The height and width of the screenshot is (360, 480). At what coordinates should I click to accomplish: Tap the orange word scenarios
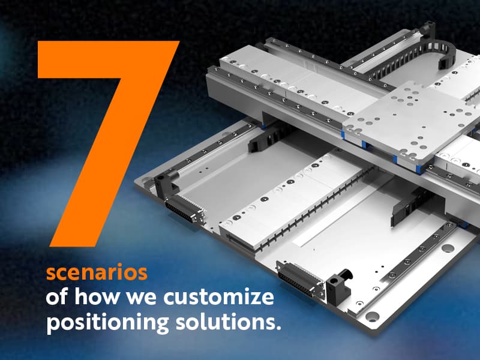tap(97, 272)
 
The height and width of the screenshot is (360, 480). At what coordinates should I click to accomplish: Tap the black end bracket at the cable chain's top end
tap(428, 28)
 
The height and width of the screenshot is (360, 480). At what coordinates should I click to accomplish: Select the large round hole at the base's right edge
tap(447, 247)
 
